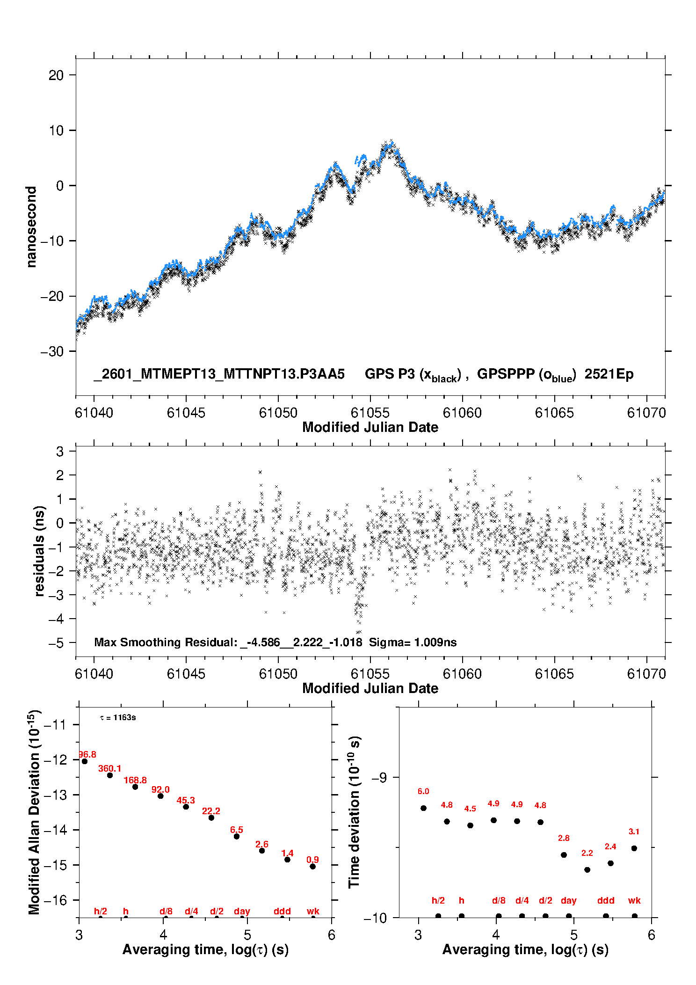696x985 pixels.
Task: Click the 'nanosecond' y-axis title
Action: (x=31, y=227)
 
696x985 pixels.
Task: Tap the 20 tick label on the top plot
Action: (x=56, y=75)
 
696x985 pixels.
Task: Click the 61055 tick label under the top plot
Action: (x=370, y=413)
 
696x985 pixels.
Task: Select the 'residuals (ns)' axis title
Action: (x=40, y=551)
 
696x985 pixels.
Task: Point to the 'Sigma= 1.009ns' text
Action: (x=413, y=642)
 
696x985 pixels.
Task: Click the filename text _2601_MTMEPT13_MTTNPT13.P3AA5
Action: (x=219, y=374)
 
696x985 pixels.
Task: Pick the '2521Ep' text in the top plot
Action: (x=609, y=374)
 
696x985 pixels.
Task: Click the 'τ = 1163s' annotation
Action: (x=118, y=717)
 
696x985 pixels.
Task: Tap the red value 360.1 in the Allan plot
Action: (x=109, y=768)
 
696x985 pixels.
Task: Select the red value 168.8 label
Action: (x=135, y=780)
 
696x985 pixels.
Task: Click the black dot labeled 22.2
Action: (x=211, y=817)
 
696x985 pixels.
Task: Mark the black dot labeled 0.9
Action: (x=313, y=866)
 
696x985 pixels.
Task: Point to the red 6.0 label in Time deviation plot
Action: (x=423, y=791)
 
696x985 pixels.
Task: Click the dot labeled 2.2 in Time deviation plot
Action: (x=587, y=870)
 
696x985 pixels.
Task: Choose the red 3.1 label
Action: (x=634, y=832)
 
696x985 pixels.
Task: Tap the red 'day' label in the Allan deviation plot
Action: (x=242, y=911)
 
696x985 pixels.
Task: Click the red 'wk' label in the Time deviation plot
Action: (x=634, y=900)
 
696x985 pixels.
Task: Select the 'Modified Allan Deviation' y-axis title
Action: (x=35, y=812)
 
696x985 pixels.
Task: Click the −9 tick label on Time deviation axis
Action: (x=379, y=778)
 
